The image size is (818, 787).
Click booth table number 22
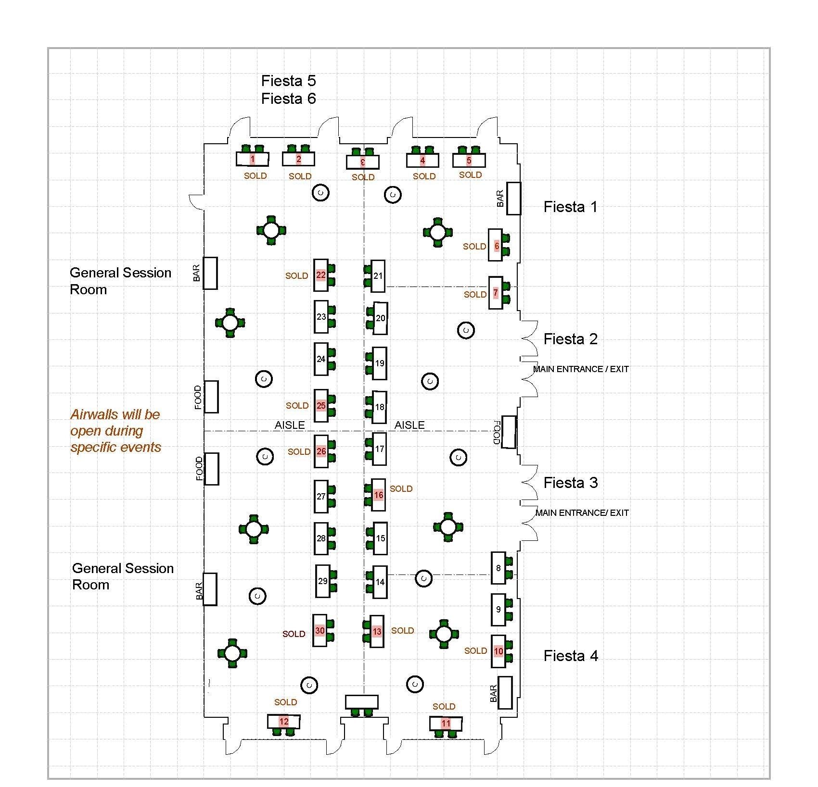(x=321, y=275)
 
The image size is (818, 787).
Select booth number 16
(x=379, y=495)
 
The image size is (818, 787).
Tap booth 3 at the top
(x=363, y=162)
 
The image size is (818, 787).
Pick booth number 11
(x=446, y=724)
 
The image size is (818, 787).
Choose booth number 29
(x=322, y=581)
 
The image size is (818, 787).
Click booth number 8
(x=498, y=568)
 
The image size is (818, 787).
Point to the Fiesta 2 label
(x=570, y=339)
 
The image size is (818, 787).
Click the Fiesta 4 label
(x=571, y=656)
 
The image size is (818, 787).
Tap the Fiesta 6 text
(x=288, y=99)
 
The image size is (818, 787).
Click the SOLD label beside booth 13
(x=402, y=630)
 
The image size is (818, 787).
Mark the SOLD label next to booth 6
(x=474, y=246)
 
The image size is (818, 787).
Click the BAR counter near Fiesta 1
(x=513, y=198)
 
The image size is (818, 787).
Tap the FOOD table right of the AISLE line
(x=509, y=432)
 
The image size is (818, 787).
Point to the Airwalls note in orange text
(x=115, y=430)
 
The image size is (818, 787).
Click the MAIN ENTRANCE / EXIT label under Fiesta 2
(x=581, y=369)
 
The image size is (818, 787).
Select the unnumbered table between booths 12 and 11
(x=362, y=701)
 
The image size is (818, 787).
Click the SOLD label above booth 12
(x=285, y=702)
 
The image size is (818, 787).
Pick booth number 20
(x=380, y=318)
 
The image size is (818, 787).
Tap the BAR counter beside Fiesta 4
(x=505, y=692)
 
